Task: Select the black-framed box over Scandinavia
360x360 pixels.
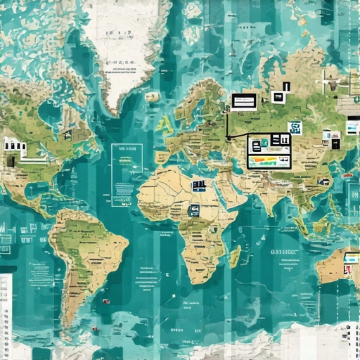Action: (244, 101)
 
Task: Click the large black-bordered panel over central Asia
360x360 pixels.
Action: (269, 152)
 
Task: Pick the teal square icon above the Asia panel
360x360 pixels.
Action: (295, 128)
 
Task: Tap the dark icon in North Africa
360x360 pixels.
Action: (200, 186)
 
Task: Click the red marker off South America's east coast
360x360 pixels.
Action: (105, 302)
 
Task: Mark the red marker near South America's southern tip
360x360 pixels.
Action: (93, 328)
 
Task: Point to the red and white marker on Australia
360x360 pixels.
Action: (347, 267)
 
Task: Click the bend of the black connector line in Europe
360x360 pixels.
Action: (228, 136)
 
